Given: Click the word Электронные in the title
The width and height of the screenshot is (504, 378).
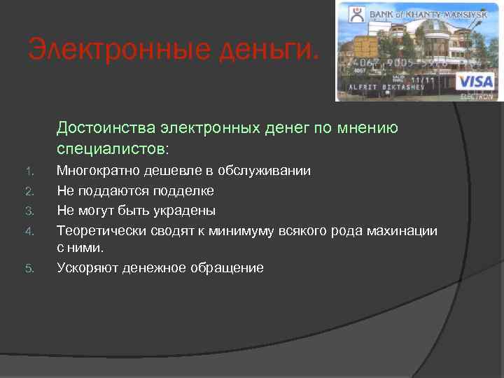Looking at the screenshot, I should pos(105,50).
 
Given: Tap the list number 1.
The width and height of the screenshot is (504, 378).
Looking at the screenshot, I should pos(29,171).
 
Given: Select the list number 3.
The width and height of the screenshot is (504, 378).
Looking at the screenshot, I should pos(29,211).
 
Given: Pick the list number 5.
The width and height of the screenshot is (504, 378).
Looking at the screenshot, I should pos(29,268).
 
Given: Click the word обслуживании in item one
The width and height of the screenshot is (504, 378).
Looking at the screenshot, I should pos(274,171).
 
